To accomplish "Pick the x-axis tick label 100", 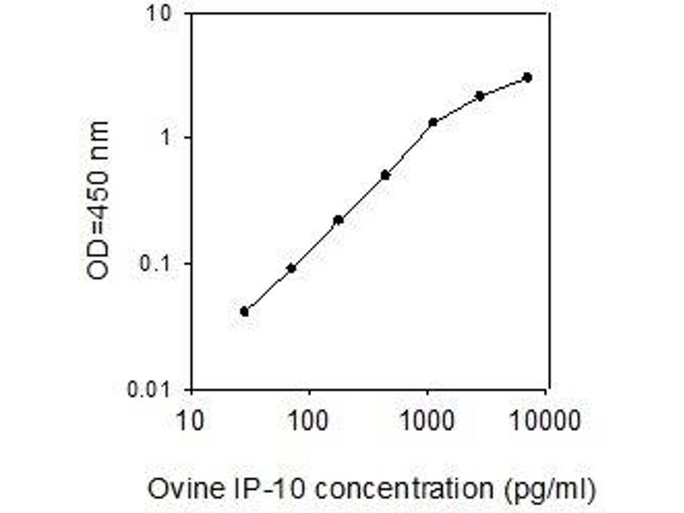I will [x=309, y=422].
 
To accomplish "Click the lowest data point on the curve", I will [x=245, y=311].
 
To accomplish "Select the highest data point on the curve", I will [x=528, y=77].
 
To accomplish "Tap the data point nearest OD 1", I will [x=433, y=122].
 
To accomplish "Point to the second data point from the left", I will [x=291, y=268].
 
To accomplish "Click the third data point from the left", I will [x=338, y=220].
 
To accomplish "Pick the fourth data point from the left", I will [x=385, y=175].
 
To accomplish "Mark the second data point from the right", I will [x=480, y=96].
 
